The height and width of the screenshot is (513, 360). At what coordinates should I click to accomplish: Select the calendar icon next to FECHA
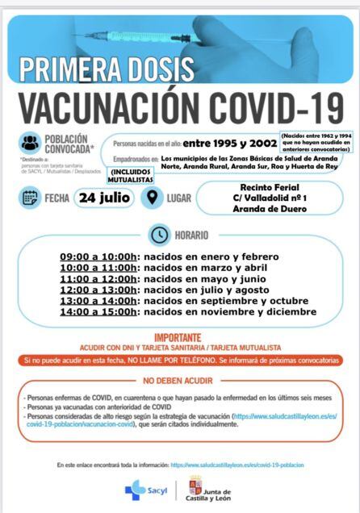point(30,198)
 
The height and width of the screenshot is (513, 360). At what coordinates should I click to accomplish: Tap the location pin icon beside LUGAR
point(153,198)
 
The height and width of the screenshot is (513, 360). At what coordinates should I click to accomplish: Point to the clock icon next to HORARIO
point(159,235)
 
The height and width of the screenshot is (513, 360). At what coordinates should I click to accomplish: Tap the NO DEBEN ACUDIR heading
point(178,380)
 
